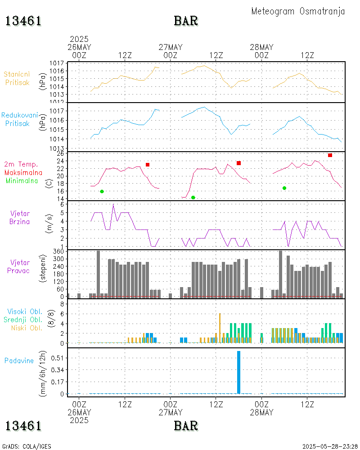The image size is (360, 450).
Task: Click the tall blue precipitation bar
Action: [238, 372]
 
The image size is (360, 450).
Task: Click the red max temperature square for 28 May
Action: [330, 155]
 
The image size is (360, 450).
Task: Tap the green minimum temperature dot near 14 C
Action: [193, 198]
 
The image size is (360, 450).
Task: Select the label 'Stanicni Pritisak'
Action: [18, 78]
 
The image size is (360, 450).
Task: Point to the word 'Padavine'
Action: [19, 360]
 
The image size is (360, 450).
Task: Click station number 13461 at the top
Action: [23, 21]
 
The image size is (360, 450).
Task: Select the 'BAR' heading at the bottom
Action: [186, 425]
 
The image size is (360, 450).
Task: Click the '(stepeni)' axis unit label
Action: [44, 269]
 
